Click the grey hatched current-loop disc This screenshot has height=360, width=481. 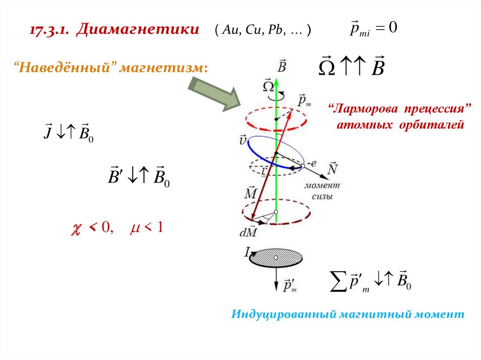(276, 257)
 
